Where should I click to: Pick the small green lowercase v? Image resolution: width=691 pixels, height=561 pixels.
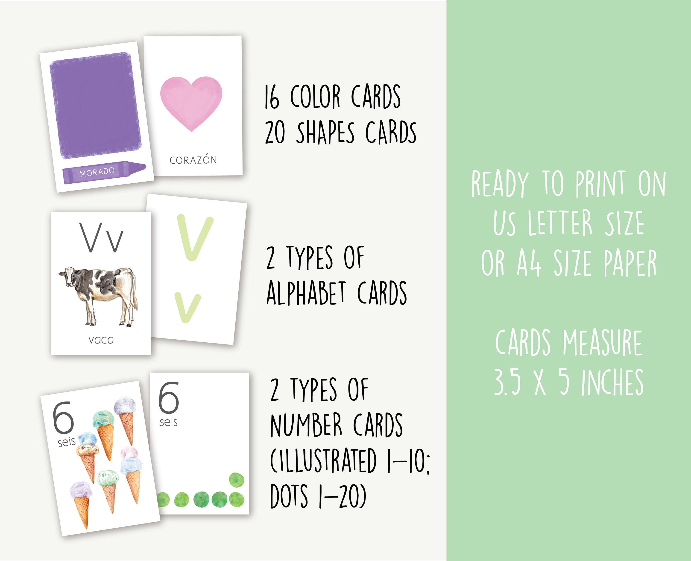(188, 307)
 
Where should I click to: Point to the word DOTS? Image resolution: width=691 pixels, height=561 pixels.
(289, 496)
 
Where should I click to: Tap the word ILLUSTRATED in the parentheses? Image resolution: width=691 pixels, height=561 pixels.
(323, 461)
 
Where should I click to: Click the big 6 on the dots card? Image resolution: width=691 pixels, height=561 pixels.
(169, 397)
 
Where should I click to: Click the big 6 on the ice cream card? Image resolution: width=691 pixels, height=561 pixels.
(63, 417)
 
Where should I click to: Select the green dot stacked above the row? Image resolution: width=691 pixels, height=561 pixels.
(237, 480)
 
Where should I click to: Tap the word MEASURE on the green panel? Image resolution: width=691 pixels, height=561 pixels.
(602, 343)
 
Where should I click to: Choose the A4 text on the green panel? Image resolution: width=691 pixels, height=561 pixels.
(529, 264)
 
